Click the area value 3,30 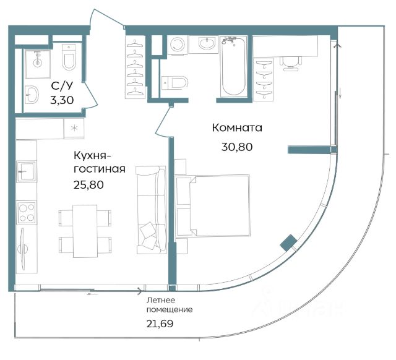tap(62, 100)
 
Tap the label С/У tap(62, 86)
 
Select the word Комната tap(237, 128)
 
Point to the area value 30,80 tap(237, 147)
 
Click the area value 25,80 tap(88, 185)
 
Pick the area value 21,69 tap(160, 324)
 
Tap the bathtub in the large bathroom tap(233, 66)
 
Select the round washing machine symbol tap(178, 45)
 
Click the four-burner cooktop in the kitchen tap(27, 212)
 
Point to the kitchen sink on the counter tap(26, 171)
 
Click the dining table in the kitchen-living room tap(85, 231)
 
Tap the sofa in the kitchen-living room tap(151, 210)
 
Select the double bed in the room tap(213, 206)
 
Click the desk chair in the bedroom tap(291, 63)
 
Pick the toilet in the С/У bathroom tap(69, 57)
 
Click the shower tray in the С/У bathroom tap(38, 64)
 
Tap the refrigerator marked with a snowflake tap(74, 128)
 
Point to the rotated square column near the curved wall tap(288, 243)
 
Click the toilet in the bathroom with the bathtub tap(174, 82)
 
